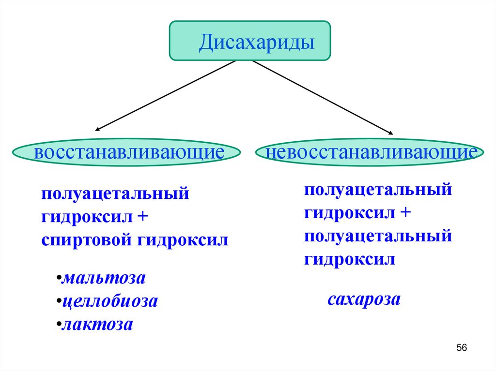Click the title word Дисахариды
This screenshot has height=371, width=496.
click(x=258, y=42)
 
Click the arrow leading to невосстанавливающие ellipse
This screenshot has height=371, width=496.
click(x=322, y=97)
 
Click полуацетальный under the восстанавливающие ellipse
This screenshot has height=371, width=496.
click(x=114, y=194)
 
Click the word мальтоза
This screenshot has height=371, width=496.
click(x=104, y=279)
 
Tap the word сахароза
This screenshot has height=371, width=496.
click(x=364, y=300)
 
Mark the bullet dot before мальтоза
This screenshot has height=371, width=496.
click(x=58, y=280)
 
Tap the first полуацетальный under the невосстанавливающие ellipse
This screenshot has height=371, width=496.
click(x=378, y=190)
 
